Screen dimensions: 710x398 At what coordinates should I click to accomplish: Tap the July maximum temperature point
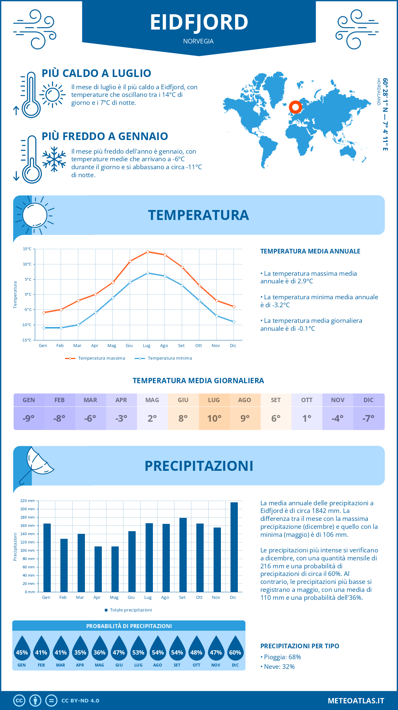[x=148, y=252]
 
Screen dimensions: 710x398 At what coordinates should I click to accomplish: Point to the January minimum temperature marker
[x=44, y=328]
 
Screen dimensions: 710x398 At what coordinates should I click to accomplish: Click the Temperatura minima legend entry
[x=164, y=358]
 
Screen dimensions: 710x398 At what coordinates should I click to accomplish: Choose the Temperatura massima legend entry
[x=95, y=358]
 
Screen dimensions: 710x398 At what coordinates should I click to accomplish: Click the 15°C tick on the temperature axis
[x=27, y=249]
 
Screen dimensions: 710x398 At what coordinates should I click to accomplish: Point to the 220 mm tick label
[x=28, y=501]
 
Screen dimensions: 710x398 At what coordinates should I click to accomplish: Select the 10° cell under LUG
[x=214, y=418]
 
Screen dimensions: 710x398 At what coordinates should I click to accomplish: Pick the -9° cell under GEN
[x=29, y=418]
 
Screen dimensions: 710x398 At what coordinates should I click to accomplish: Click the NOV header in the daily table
[x=338, y=400]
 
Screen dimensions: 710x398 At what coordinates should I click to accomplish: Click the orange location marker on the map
[x=295, y=107]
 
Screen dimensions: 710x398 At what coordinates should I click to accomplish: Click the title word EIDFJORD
[x=199, y=23]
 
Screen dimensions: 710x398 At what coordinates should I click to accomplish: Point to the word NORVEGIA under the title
[x=198, y=41]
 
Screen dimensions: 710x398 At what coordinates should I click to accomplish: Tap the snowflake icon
[x=54, y=159]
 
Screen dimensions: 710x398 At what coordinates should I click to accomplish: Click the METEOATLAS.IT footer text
[x=356, y=701]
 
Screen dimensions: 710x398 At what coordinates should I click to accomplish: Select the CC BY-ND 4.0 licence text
[x=80, y=701]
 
